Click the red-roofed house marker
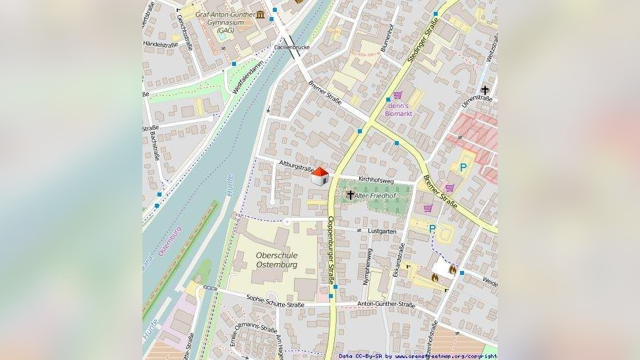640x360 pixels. click(320, 176)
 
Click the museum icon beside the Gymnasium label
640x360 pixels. click(262, 15)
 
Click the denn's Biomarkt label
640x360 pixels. click(399, 109)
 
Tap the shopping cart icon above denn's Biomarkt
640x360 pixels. click(397, 96)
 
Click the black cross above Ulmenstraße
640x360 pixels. click(485, 90)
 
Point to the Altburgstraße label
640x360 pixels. click(296, 165)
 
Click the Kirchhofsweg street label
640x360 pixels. click(376, 180)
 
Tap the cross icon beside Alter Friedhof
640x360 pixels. click(350, 195)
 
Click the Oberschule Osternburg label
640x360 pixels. click(276, 260)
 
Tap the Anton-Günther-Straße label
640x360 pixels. click(386, 305)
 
